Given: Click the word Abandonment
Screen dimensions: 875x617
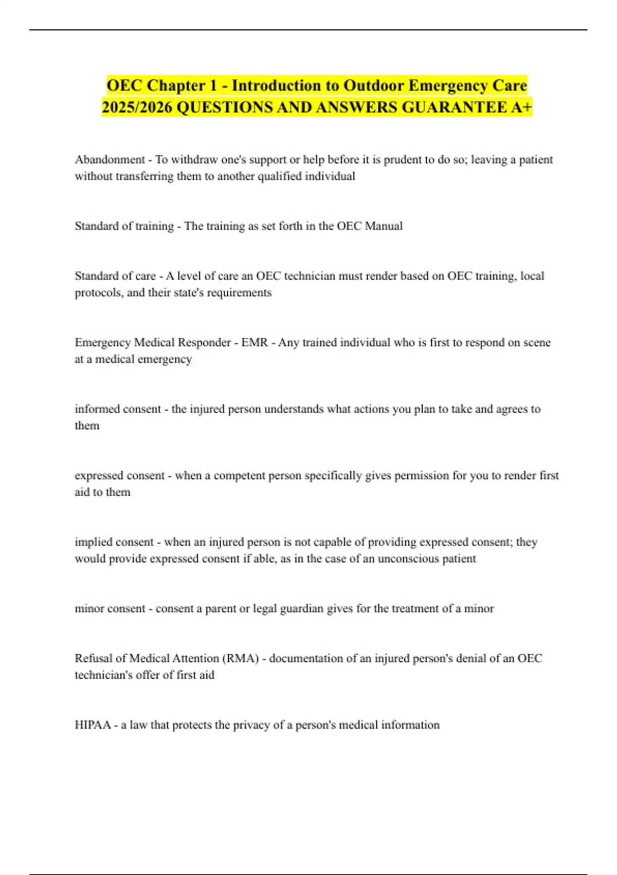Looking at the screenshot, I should click(x=110, y=160).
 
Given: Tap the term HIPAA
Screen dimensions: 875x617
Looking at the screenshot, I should click(x=93, y=725).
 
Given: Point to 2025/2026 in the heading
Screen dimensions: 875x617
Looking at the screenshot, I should click(x=136, y=108).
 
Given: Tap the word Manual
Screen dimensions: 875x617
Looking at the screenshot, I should click(x=384, y=226).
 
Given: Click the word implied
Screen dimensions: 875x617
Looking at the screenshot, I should click(x=93, y=542).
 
